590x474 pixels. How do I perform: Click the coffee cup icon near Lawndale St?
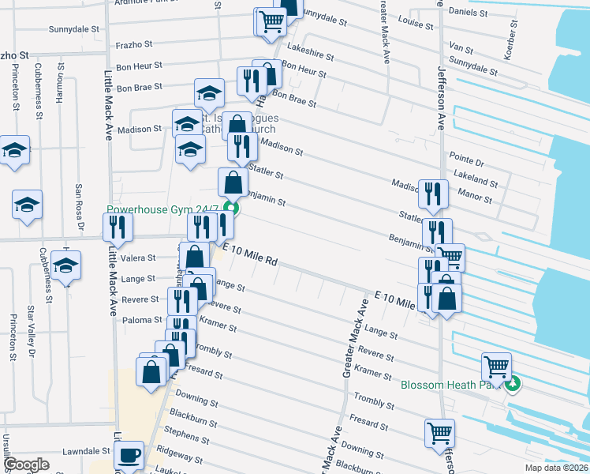[129, 455]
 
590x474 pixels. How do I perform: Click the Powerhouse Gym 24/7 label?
[165, 211]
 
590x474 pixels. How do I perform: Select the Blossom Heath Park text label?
[454, 386]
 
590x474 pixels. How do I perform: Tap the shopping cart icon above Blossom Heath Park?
[496, 366]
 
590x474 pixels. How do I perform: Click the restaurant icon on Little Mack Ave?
[118, 227]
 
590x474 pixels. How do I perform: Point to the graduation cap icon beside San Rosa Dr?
[27, 204]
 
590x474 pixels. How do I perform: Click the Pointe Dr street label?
[466, 162]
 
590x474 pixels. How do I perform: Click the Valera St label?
[139, 258]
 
